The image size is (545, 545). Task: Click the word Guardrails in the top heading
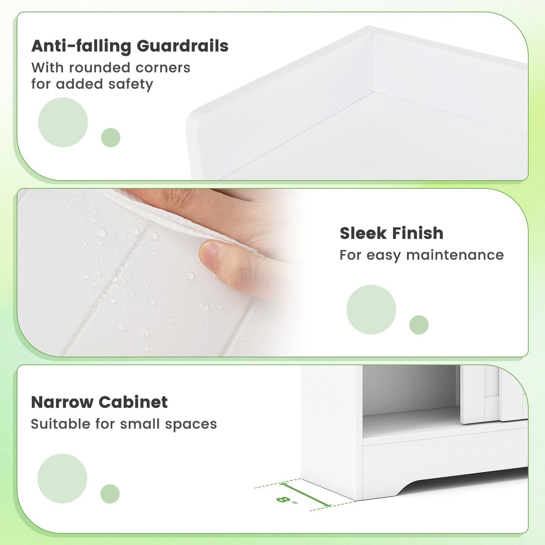point(183,46)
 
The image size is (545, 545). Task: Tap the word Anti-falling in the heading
point(81,46)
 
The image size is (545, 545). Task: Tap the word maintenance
point(455,255)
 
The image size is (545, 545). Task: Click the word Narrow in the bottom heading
point(62,402)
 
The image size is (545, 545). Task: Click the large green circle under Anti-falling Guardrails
point(63,122)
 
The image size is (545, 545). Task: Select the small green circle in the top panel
point(111,138)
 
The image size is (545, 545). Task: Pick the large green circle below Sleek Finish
point(371,310)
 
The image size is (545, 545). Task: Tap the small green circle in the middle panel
point(419,325)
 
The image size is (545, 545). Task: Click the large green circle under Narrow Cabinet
point(62,478)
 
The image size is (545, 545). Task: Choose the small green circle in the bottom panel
point(110,494)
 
